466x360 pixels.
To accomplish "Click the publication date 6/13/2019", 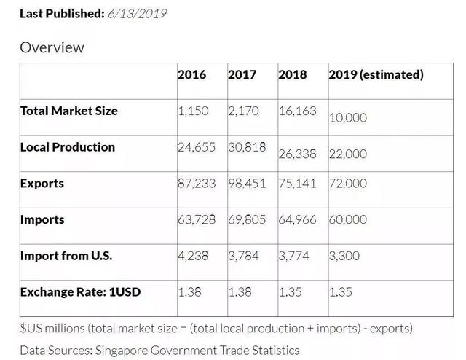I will point(137,13).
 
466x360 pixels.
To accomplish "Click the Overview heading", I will point(52,47).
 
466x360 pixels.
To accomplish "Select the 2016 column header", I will point(191,74).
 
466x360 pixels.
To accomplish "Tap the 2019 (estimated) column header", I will point(376,74).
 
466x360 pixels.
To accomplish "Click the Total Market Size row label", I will point(68,111).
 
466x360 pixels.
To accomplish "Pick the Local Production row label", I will point(67,146).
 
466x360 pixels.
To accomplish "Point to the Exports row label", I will point(42,183).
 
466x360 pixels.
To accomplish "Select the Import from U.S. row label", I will point(66,256).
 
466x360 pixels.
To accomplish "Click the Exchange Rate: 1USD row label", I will point(80,292).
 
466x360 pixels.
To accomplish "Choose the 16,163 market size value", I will point(297,111).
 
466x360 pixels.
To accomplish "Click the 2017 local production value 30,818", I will point(247,146).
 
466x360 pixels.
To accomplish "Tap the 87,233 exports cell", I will point(197,183).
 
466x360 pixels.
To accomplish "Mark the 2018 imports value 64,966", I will point(297,219).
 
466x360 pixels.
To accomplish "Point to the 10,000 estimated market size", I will point(348,118).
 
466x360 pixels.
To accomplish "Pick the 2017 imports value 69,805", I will point(247,219).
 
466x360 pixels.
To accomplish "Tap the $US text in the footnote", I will point(31,328).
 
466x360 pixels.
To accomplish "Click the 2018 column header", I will point(293,74).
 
